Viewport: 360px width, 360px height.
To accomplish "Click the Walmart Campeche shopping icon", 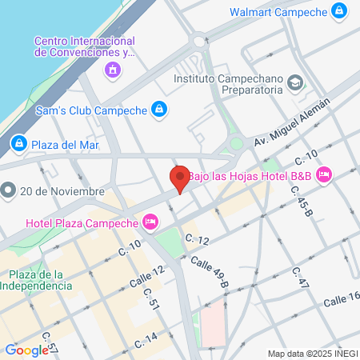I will coord(340,11).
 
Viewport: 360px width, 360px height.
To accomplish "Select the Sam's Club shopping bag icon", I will coord(159,109).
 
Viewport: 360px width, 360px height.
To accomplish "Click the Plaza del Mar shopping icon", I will coord(18,144).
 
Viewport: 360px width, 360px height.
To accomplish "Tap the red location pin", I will coord(180,178).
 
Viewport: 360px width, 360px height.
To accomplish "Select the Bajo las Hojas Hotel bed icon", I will coord(324,174).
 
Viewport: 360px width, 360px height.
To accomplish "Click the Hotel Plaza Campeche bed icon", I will coord(150,222).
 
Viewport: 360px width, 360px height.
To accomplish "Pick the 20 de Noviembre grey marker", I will coord(9,190).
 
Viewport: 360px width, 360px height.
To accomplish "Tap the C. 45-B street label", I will coord(298,203).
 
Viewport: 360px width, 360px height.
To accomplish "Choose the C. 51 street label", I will coord(152,298).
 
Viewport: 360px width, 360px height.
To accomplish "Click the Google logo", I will coord(26,350).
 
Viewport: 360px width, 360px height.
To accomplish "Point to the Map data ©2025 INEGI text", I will coord(312,353).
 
